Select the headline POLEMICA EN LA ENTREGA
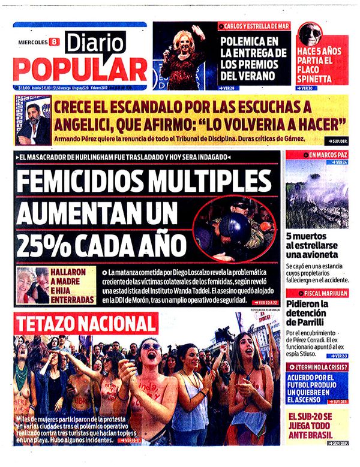click(249, 58)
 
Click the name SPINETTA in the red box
click(323, 78)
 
